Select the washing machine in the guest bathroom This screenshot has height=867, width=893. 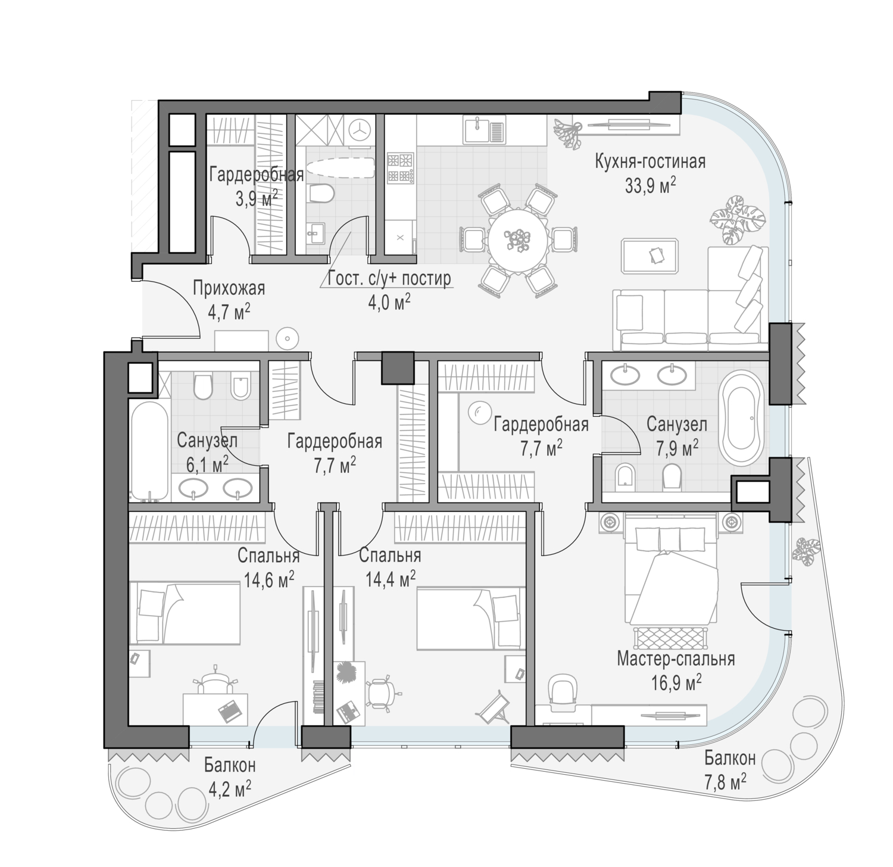360,129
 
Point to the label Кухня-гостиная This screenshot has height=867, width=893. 650,161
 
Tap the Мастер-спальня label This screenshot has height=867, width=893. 676,659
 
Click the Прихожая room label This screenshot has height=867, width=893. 229,289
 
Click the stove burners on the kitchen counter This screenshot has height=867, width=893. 399,168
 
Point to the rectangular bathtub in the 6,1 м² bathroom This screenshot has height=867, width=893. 149,451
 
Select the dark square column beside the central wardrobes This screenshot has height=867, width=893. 397,367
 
